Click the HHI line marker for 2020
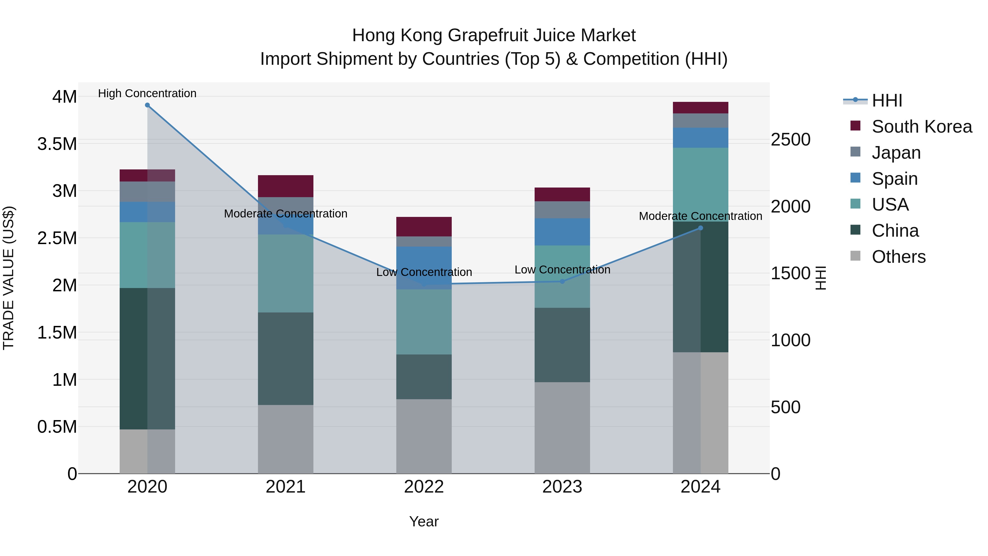pyautogui.click(x=147, y=105)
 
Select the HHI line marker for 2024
pyautogui.click(x=700, y=228)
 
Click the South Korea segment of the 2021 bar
pyautogui.click(x=285, y=186)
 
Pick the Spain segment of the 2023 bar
pyautogui.click(x=562, y=232)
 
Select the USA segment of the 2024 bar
pyautogui.click(x=700, y=185)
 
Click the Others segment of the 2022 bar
pyautogui.click(x=424, y=436)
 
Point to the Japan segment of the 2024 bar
pyautogui.click(x=700, y=121)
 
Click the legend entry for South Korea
pyautogui.click(x=922, y=127)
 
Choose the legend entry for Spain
pyautogui.click(x=894, y=179)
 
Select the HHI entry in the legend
pyautogui.click(x=887, y=100)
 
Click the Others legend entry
pyautogui.click(x=898, y=257)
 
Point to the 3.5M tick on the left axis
pyautogui.click(x=57, y=144)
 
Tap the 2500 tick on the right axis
pyautogui.click(x=790, y=140)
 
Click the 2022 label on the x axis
pyautogui.click(x=424, y=487)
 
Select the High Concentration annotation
pyautogui.click(x=147, y=93)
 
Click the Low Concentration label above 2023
pyautogui.click(x=562, y=270)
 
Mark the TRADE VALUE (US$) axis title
pyautogui.click(x=9, y=278)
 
